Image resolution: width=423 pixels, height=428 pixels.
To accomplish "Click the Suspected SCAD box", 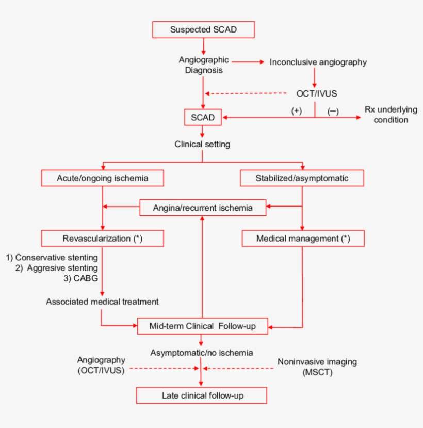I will (x=203, y=29).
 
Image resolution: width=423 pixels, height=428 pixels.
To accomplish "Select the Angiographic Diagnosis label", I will (x=204, y=66).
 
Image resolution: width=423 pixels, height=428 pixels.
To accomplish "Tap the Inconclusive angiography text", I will (x=318, y=62).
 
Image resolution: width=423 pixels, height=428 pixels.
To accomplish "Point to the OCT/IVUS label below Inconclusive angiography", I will (x=314, y=93).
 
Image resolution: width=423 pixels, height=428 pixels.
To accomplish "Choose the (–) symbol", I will (x=333, y=111).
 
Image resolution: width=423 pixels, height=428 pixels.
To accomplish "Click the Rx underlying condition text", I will (x=386, y=115).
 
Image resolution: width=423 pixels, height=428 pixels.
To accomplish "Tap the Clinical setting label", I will (x=202, y=145).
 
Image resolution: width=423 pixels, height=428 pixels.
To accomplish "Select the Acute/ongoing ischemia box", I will (x=103, y=179).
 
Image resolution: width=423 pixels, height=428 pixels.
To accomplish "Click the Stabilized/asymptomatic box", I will (x=302, y=179).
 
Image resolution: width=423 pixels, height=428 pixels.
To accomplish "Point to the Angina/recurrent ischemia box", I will (x=203, y=208).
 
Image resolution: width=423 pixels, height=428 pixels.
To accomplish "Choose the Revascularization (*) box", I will (x=103, y=239).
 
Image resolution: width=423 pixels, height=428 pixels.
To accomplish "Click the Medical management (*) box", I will (x=303, y=239).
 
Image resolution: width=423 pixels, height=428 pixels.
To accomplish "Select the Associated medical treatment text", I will (x=102, y=302).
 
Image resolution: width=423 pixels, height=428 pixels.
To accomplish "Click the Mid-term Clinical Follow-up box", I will (x=202, y=326).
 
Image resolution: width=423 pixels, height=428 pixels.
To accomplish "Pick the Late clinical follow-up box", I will (x=202, y=396).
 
